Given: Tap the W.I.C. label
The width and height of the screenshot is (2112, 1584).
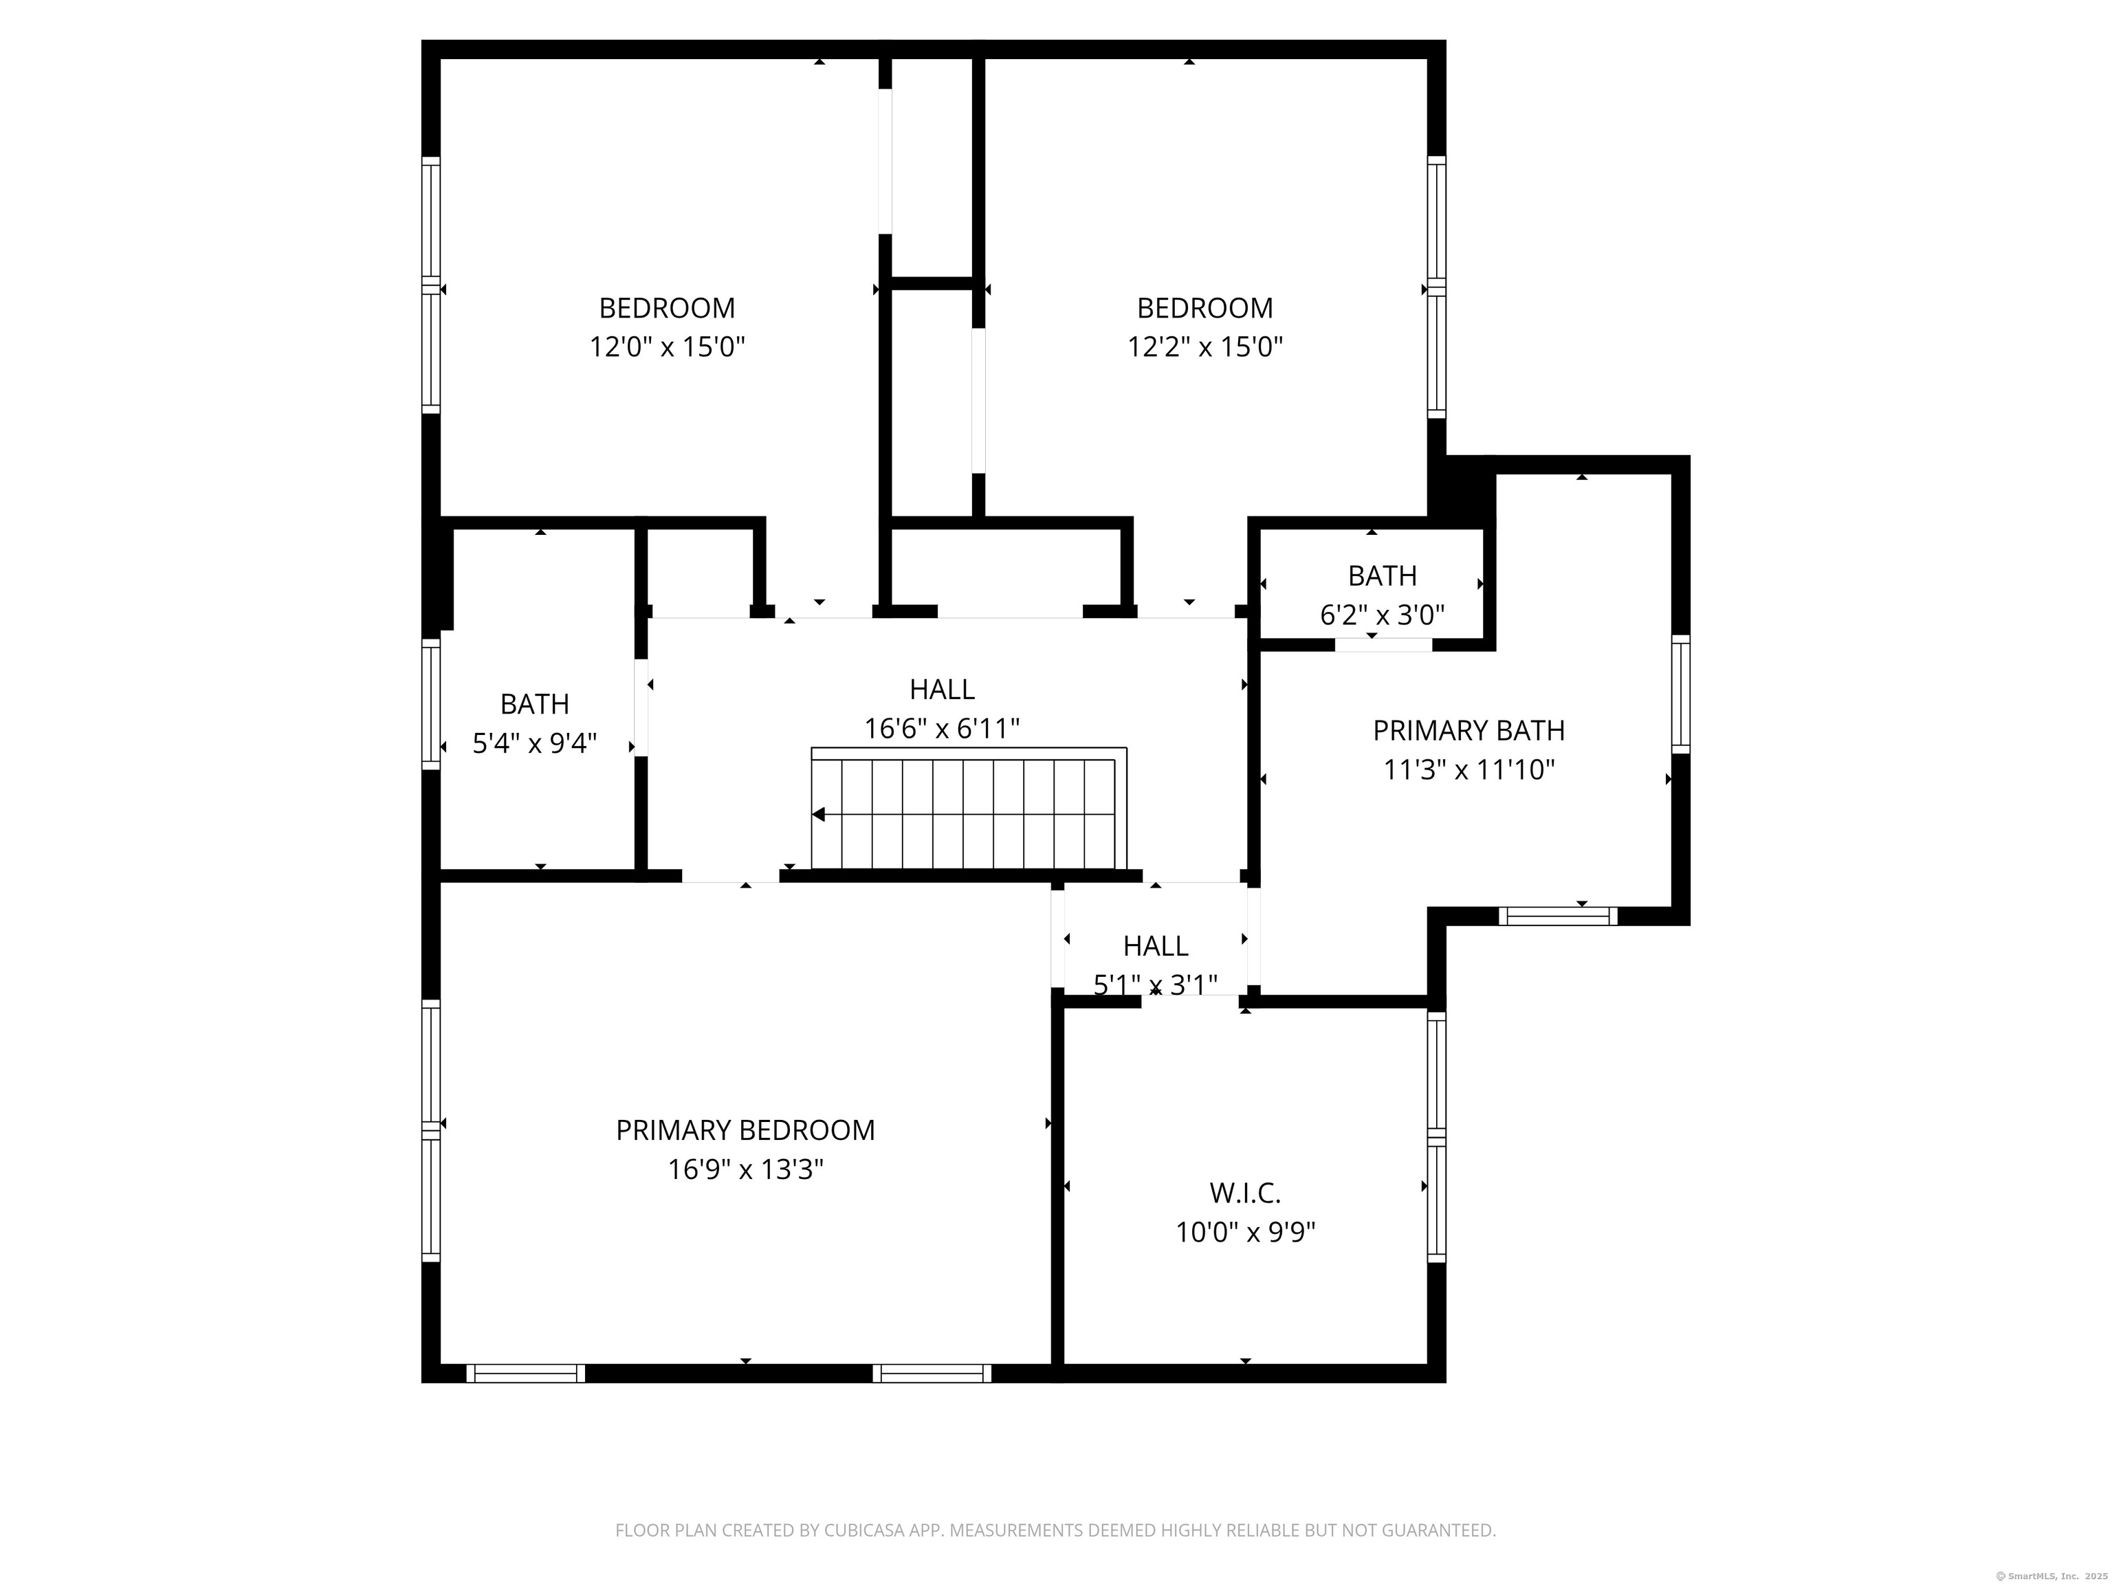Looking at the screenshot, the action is click(1245, 1193).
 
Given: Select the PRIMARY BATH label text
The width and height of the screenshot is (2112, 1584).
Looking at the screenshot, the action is click(1468, 730).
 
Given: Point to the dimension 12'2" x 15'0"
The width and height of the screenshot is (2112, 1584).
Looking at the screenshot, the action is click(1205, 346).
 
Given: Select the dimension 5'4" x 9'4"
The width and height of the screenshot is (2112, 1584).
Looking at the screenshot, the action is click(535, 742).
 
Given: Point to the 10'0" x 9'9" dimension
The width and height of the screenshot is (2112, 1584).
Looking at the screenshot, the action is click(1245, 1233).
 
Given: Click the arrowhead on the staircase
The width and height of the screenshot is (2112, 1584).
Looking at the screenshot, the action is click(818, 815).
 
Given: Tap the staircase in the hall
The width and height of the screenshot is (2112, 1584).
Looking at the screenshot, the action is click(969, 808).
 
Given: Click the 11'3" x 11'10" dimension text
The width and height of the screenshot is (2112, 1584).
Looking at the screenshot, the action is click(1468, 769).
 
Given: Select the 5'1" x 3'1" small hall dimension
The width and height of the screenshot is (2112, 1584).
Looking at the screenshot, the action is click(1155, 985).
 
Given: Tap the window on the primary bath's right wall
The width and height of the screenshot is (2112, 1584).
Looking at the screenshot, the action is click(1680, 694).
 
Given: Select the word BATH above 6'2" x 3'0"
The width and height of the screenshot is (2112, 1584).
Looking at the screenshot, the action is click(1382, 577).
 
